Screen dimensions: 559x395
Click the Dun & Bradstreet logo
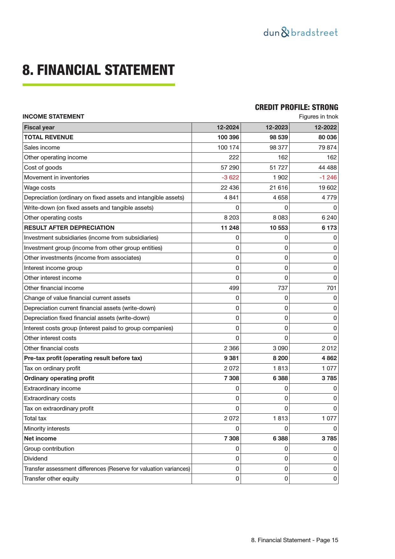pyautogui.click(x=300, y=33)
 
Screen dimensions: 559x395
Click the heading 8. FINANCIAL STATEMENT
pyautogui.click(x=98, y=70)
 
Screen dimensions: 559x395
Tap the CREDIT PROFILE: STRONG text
pyautogui.click(x=296, y=107)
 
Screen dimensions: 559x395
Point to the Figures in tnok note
pyautogui.click(x=318, y=117)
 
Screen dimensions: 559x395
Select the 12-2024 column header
pyautogui.click(x=228, y=127)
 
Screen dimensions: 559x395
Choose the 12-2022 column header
pyautogui.click(x=325, y=127)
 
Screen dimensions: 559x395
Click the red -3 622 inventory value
pyautogui.click(x=230, y=178)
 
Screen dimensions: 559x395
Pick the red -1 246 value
pyautogui.click(x=328, y=178)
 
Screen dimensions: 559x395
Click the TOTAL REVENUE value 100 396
pyautogui.click(x=228, y=137)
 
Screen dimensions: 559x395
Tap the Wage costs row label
pyautogui.click(x=39, y=188)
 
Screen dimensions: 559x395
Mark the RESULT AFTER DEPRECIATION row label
pyautogui.click(x=69, y=228)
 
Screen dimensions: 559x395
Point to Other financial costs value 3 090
pyautogui.click(x=280, y=348)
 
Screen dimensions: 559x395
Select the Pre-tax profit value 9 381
pyautogui.click(x=231, y=358)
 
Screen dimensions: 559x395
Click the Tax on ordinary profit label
pyautogui.click(x=52, y=368)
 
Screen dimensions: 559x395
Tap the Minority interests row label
pyautogui.click(x=46, y=429)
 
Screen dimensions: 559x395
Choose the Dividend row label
pyautogui.click(x=36, y=459)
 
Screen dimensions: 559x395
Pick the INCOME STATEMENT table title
pyautogui.click(x=53, y=117)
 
